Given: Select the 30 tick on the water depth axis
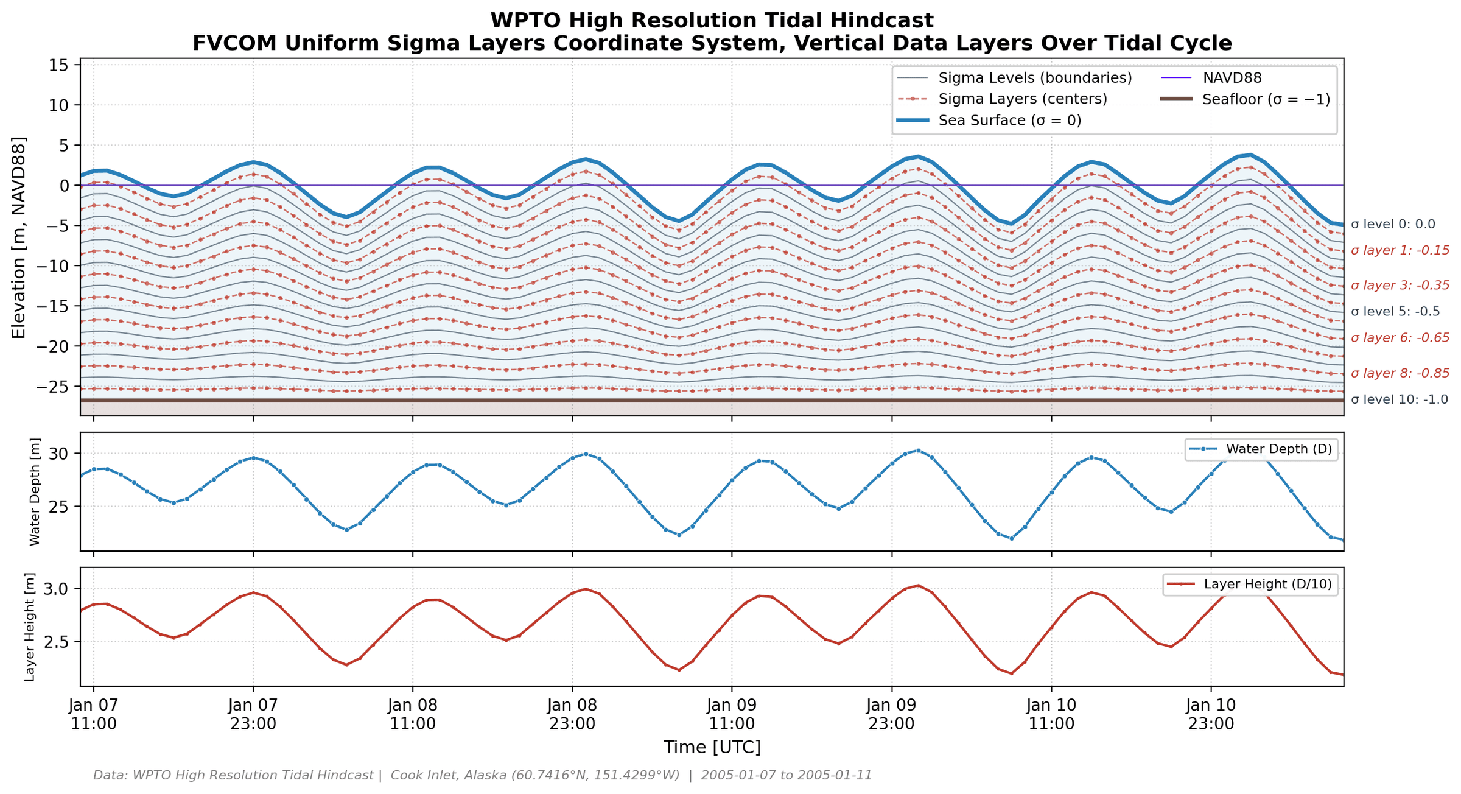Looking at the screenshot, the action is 64,454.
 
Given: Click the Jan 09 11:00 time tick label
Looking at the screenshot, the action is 732,715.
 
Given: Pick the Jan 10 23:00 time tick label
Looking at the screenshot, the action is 1211,715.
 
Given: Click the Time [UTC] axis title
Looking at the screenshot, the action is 712,747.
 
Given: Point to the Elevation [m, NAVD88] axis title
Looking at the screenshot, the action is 19,238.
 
